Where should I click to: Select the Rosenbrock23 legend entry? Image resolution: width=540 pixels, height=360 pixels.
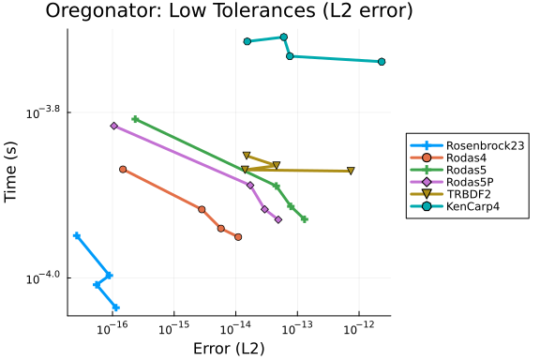(x=468, y=145)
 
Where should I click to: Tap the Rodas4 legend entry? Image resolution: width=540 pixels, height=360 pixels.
(x=449, y=157)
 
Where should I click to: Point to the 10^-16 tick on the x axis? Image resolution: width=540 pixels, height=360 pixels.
(x=112, y=327)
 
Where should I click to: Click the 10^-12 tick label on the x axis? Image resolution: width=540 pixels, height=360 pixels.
(x=359, y=327)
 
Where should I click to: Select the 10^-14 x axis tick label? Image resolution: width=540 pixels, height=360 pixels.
(x=235, y=327)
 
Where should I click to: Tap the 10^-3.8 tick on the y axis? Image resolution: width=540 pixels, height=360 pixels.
(x=43, y=112)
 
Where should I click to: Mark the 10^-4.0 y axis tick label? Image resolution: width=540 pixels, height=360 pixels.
(x=43, y=277)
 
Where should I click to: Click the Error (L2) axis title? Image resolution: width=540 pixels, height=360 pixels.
(x=229, y=349)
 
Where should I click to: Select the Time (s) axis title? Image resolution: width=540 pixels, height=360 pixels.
(x=10, y=172)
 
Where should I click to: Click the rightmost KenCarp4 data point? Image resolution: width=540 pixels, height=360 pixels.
(x=382, y=62)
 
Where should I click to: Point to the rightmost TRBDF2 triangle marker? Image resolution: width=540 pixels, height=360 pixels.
(x=351, y=171)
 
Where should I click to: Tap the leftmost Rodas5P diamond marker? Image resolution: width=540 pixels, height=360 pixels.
(x=114, y=126)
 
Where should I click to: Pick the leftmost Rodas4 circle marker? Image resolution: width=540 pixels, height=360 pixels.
(x=123, y=169)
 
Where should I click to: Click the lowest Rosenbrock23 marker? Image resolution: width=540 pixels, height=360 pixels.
(x=115, y=307)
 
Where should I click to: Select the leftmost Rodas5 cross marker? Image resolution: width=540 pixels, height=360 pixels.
(x=135, y=119)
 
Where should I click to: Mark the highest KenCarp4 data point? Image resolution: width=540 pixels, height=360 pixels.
(x=284, y=37)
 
